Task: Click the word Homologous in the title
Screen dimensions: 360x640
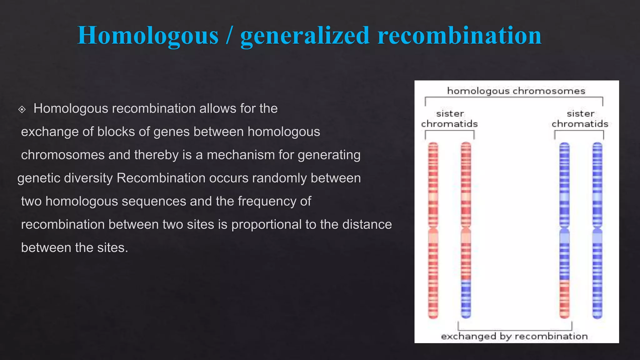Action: (148, 36)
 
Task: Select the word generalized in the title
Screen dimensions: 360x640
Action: (305, 36)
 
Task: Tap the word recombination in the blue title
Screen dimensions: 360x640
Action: (459, 36)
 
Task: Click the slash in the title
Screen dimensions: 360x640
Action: (229, 36)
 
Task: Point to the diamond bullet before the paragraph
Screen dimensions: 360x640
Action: (22, 109)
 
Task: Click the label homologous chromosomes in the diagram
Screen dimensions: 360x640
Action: (516, 91)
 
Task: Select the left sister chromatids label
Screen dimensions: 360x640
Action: (449, 119)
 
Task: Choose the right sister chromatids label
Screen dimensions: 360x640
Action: (580, 119)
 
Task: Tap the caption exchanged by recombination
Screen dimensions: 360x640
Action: (514, 336)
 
